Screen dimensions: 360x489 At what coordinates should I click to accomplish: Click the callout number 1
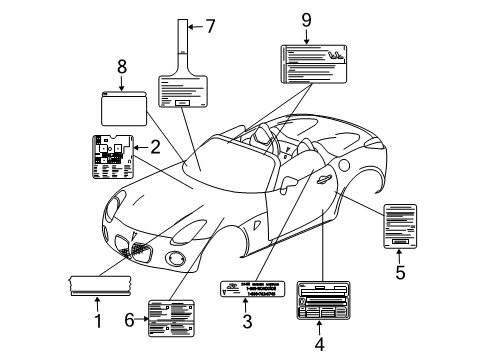(97, 321)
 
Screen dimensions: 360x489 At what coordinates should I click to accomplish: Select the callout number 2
(154, 146)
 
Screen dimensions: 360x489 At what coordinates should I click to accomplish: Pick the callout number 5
(400, 270)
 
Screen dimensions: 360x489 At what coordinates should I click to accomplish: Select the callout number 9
(307, 18)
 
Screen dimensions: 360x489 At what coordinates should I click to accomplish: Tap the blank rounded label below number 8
(124, 106)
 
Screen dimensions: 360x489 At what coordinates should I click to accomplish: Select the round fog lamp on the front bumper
(177, 260)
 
